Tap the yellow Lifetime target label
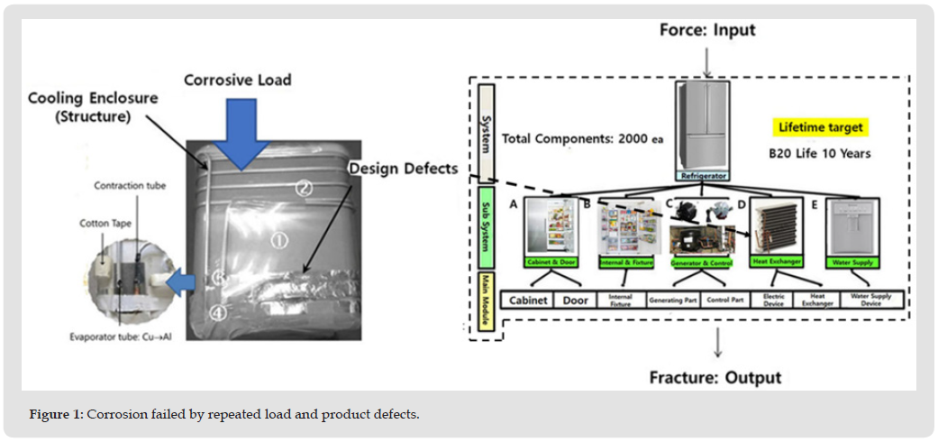click(820, 128)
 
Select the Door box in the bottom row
click(576, 300)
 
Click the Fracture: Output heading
click(715, 377)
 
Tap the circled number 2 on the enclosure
click(305, 188)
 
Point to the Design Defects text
click(404, 169)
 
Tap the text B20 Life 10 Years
click(820, 153)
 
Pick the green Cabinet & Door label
click(551, 262)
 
